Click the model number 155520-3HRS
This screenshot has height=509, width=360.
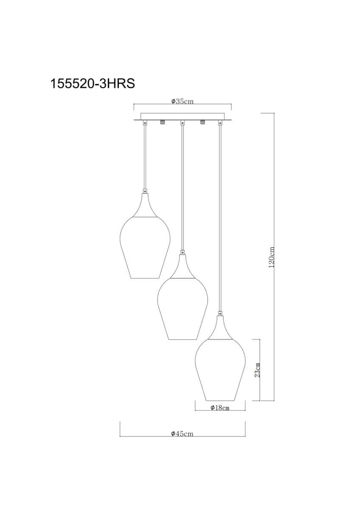92,84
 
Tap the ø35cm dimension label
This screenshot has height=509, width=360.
182,101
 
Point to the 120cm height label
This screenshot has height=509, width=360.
272,257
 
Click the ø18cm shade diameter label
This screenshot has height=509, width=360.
219,408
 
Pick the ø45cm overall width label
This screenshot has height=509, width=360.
182,434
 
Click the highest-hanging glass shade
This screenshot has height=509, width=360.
145,248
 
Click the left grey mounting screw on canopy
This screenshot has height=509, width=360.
162,122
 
